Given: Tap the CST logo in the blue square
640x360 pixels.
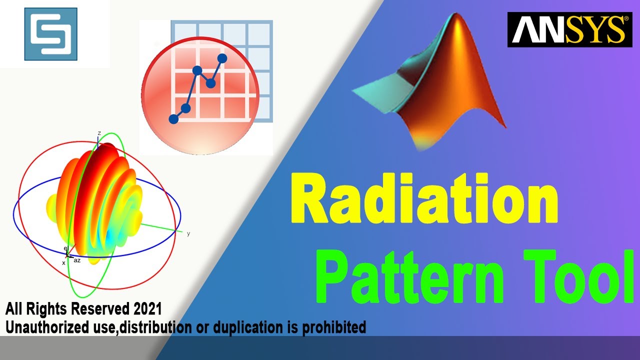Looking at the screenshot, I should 51,34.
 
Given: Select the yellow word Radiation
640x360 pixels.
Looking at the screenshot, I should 424,199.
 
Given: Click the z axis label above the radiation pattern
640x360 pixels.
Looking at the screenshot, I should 99,133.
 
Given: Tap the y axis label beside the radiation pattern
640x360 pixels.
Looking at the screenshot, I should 188,233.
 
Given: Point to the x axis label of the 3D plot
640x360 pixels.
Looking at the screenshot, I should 63,262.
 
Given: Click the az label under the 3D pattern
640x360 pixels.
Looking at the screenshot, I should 76,260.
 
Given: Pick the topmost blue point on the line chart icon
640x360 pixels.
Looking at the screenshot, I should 222,59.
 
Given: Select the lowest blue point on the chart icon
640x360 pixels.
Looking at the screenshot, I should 173,119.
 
